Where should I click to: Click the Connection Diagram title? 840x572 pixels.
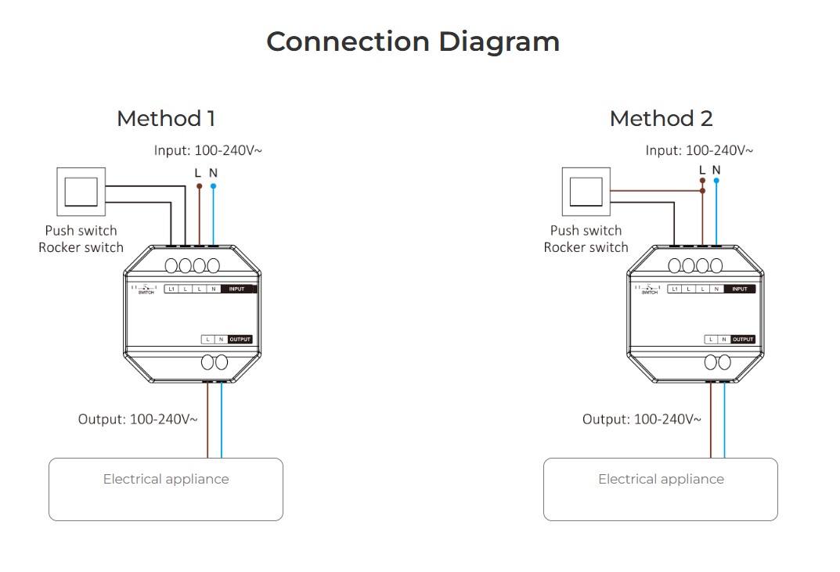point(413,41)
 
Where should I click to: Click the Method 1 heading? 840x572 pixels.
point(165,119)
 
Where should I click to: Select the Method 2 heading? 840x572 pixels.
point(661,119)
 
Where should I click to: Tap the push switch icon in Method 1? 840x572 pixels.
point(81,191)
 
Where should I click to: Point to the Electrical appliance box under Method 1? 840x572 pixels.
point(165,489)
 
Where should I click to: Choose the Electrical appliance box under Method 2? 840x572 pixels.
point(660,489)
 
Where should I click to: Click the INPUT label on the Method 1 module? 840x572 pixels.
point(238,290)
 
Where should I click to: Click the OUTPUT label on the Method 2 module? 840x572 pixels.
point(743,340)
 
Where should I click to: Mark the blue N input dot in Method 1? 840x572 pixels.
point(214,186)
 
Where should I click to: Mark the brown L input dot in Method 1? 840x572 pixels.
point(199,186)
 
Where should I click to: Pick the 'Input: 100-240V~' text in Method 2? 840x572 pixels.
point(699,150)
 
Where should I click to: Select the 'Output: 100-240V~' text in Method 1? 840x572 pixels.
point(138,419)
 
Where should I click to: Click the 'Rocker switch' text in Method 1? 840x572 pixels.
point(81,247)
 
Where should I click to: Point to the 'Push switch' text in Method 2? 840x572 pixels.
point(586,231)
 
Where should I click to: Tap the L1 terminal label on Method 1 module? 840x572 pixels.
point(171,290)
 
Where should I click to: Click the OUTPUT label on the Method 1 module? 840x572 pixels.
point(240,340)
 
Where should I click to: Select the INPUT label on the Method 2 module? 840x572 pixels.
point(741,290)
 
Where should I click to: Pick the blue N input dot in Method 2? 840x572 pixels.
point(716,180)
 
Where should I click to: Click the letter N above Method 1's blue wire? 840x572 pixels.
point(213,172)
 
